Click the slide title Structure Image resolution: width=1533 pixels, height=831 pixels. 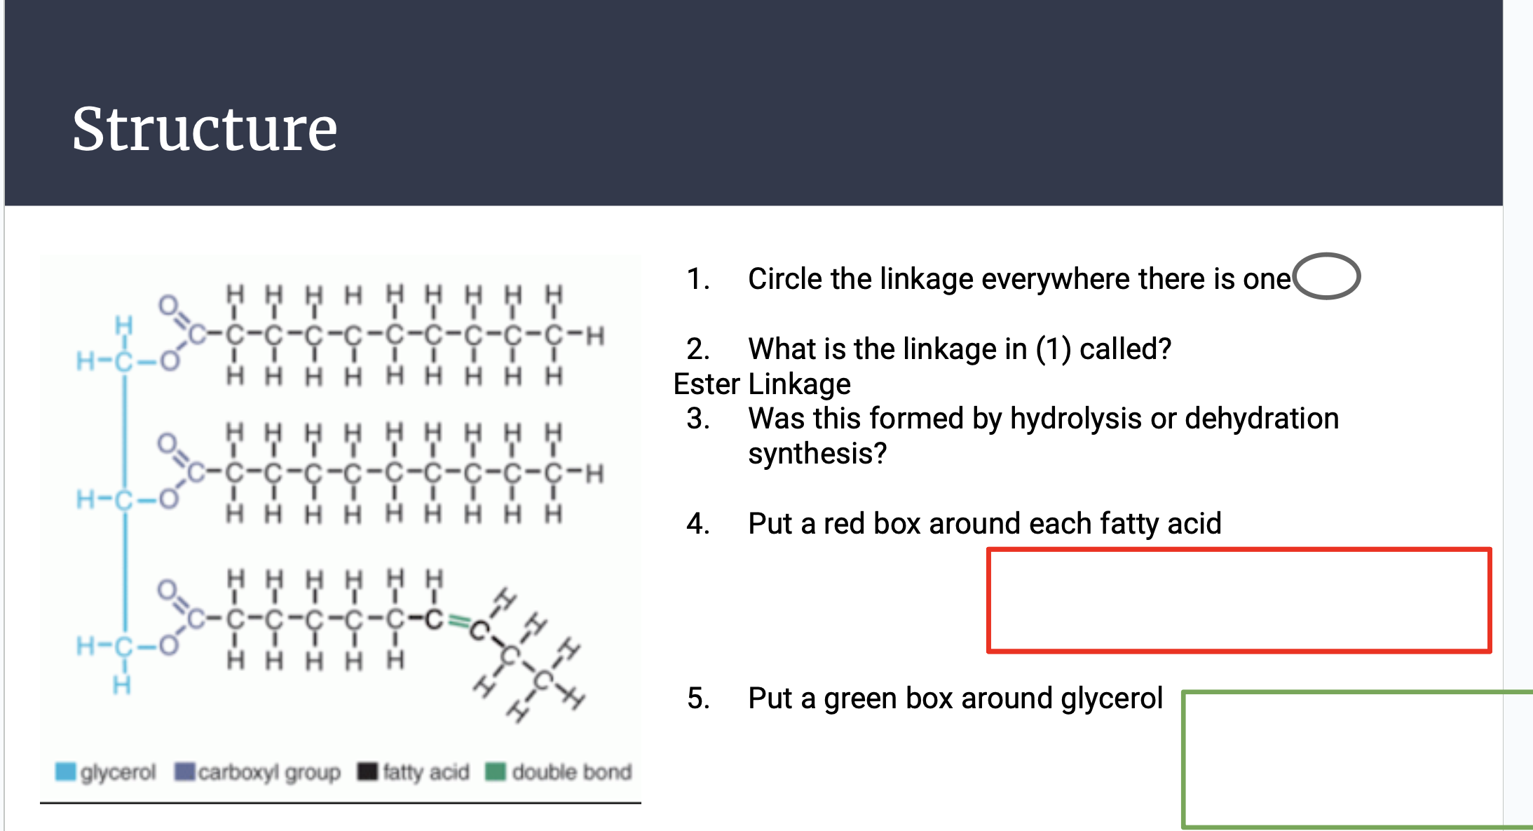(x=205, y=129)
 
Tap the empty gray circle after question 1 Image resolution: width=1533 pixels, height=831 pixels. (x=1326, y=276)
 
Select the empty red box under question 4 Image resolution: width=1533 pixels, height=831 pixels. (x=1239, y=600)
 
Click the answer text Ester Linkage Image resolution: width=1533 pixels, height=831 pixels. (x=762, y=384)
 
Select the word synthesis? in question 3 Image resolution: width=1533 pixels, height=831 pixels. (x=817, y=454)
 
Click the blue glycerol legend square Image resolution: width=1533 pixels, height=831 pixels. (x=65, y=771)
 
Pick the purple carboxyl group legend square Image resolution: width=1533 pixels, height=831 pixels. (x=184, y=771)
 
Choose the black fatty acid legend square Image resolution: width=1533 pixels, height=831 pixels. (x=367, y=771)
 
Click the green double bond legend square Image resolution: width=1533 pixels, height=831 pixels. (x=496, y=771)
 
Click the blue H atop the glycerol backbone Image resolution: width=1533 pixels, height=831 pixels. (x=124, y=325)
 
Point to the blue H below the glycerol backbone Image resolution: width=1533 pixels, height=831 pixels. (x=122, y=684)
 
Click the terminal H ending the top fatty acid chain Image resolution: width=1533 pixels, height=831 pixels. (x=595, y=336)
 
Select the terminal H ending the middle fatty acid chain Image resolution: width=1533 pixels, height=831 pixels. (x=595, y=474)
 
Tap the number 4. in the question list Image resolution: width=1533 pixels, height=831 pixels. (x=698, y=524)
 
